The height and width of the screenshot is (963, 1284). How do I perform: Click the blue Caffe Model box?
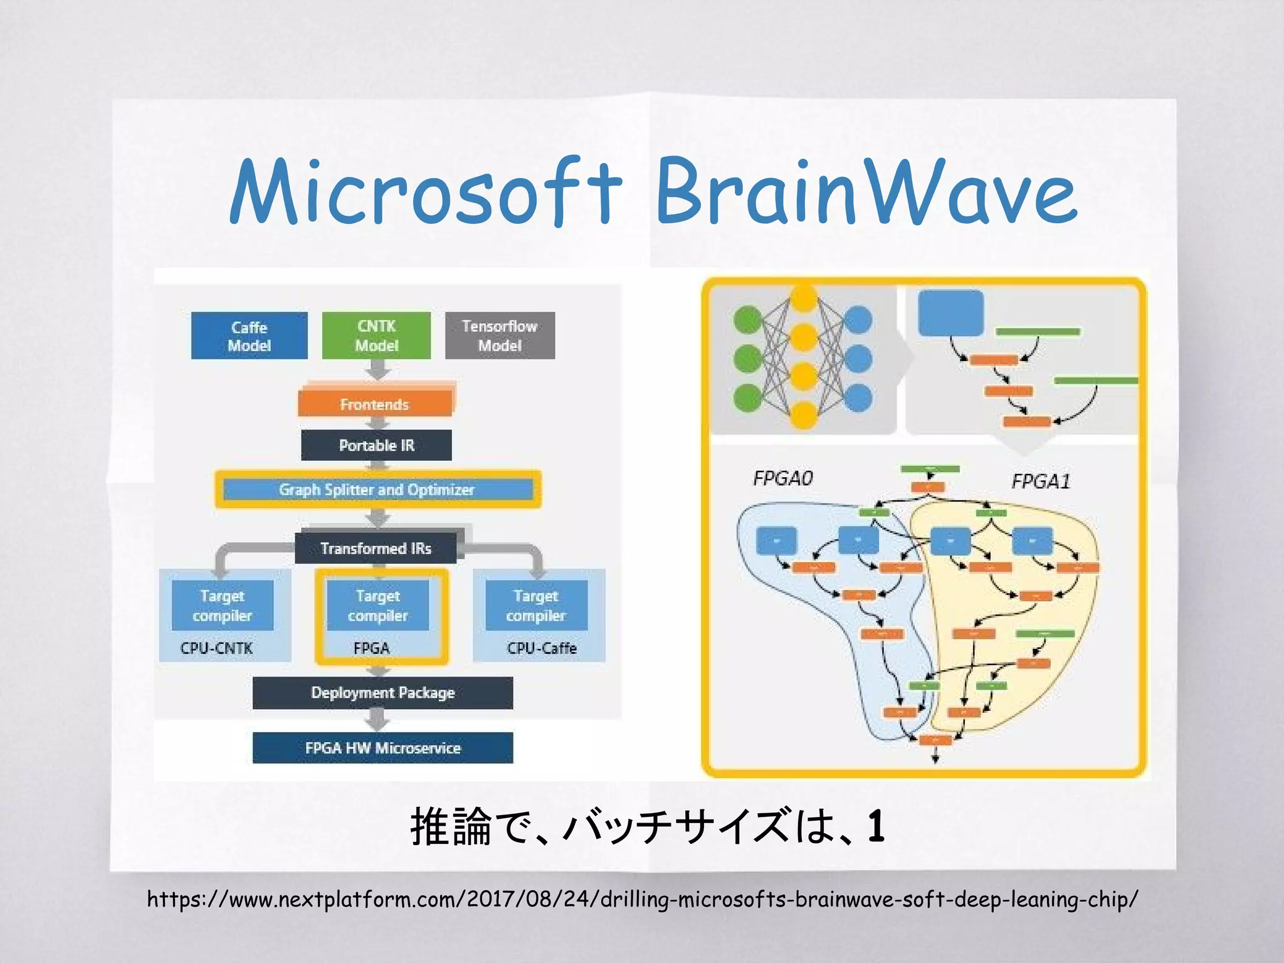pos(249,335)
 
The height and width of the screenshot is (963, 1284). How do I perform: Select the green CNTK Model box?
pos(376,335)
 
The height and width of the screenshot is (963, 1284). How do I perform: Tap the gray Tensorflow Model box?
pos(500,335)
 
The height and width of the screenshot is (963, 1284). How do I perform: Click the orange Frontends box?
pos(375,404)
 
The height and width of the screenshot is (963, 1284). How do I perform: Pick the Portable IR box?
pos(376,445)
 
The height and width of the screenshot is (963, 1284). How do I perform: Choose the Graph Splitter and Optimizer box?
pos(377,489)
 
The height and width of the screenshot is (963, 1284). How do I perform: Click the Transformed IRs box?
pos(376,548)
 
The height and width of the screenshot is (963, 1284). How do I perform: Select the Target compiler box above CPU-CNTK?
pos(223,605)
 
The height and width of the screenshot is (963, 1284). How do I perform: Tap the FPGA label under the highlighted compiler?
pos(371,648)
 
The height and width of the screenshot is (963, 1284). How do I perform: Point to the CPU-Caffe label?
pos(542,648)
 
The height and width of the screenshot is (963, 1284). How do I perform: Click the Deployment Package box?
pos(382,693)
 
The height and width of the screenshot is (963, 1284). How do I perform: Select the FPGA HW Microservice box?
pos(382,747)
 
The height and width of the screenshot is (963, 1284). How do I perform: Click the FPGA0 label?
pos(782,478)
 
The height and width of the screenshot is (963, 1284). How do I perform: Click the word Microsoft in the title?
pos(425,191)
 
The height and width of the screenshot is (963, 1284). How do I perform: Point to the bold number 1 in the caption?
pos(876,826)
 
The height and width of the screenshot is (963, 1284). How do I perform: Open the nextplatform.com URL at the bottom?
pos(642,899)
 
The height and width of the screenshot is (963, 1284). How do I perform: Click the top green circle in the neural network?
pos(747,320)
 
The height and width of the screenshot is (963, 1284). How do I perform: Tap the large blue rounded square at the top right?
pos(950,313)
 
